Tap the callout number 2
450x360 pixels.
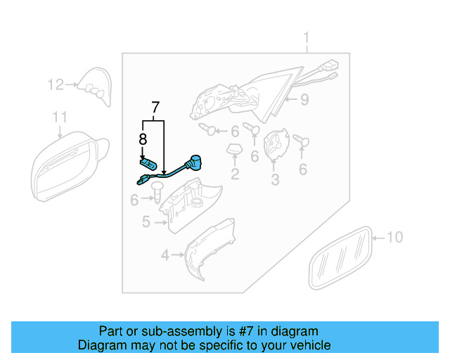235,173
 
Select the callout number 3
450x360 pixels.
275,181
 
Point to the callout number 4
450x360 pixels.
165,255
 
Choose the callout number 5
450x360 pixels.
146,222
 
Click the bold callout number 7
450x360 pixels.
155,108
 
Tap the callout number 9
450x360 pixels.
304,100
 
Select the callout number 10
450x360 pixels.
394,238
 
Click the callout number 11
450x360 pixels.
60,117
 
